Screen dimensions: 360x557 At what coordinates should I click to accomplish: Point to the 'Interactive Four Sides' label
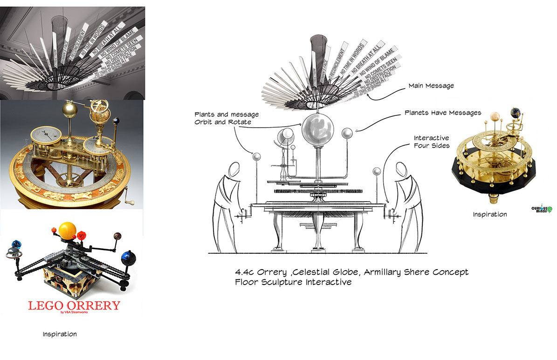coord(431,142)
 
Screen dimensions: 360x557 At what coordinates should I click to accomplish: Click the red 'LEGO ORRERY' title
coord(74,306)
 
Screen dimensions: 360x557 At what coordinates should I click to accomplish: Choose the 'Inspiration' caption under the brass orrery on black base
coord(489,214)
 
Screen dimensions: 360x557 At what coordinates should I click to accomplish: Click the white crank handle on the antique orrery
coord(130,202)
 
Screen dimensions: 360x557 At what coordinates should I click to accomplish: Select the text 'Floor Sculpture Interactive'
coord(293,282)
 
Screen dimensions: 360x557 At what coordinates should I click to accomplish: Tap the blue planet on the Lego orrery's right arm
coord(128,258)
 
